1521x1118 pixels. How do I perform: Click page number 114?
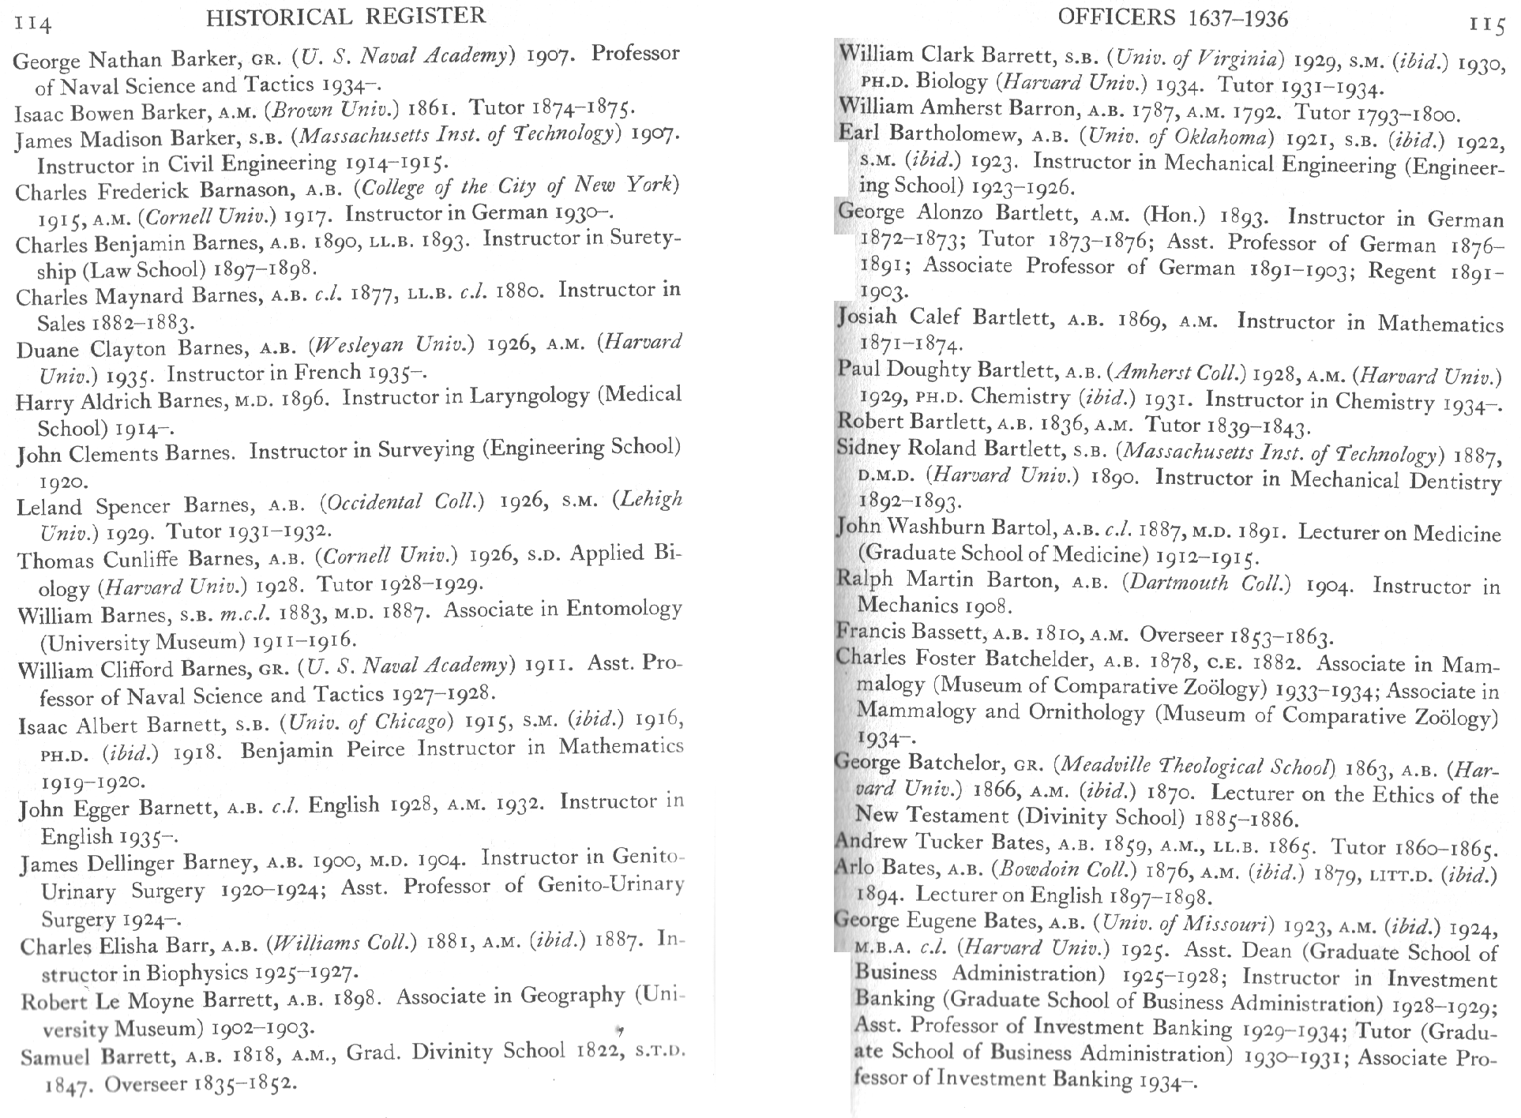[x=32, y=24]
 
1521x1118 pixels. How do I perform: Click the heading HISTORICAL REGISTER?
[x=346, y=16]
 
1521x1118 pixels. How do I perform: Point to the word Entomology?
[x=624, y=608]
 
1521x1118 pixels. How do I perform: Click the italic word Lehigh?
[x=647, y=499]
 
